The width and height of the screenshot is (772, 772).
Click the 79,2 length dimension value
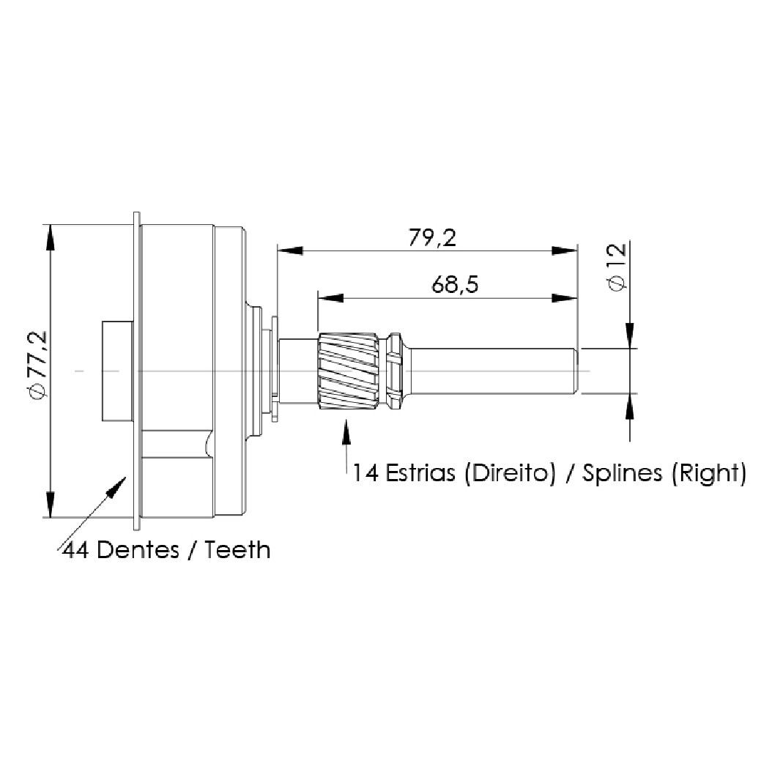point(432,238)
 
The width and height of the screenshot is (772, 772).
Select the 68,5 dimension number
point(454,285)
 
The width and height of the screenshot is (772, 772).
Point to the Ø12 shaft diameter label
point(618,267)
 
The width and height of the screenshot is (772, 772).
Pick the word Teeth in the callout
point(238,550)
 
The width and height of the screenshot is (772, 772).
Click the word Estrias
point(420,472)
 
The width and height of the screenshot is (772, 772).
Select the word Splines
point(623,474)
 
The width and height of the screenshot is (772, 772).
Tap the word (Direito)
point(510,473)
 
